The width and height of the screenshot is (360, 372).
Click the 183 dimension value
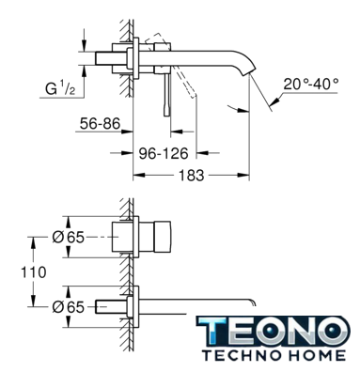point(191,175)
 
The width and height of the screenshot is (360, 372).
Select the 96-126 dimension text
point(164,153)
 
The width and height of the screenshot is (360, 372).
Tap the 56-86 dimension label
point(100,123)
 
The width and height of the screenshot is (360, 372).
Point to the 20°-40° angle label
point(311,84)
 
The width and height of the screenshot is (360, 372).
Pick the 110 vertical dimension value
point(34,272)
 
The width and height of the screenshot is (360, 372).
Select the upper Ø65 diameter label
point(69,237)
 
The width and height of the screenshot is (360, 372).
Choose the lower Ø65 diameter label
point(69,307)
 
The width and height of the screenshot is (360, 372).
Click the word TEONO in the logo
point(273,332)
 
